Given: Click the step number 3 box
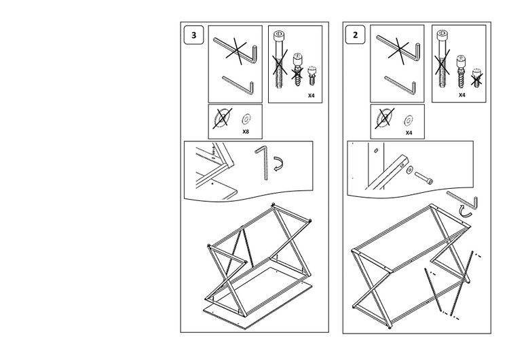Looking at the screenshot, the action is pyautogui.click(x=194, y=35).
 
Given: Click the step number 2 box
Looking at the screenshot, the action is pyautogui.click(x=355, y=35).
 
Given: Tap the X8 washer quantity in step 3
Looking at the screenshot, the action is pyautogui.click(x=246, y=132).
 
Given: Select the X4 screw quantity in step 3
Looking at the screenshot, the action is pyautogui.click(x=312, y=96).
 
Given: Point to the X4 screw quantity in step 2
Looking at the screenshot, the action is pyautogui.click(x=462, y=95).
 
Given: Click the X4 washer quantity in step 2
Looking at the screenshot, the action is pyautogui.click(x=409, y=132).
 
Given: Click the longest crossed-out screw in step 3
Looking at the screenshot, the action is pyautogui.click(x=279, y=60).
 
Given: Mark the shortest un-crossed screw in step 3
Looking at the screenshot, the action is pyautogui.click(x=312, y=75).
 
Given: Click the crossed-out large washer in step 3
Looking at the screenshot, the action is pyautogui.click(x=223, y=118).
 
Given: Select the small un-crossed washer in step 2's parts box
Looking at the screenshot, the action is pyautogui.click(x=409, y=120).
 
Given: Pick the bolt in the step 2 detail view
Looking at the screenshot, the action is pyautogui.click(x=423, y=178).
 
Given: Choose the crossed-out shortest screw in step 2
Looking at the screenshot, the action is pyautogui.click(x=476, y=78).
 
